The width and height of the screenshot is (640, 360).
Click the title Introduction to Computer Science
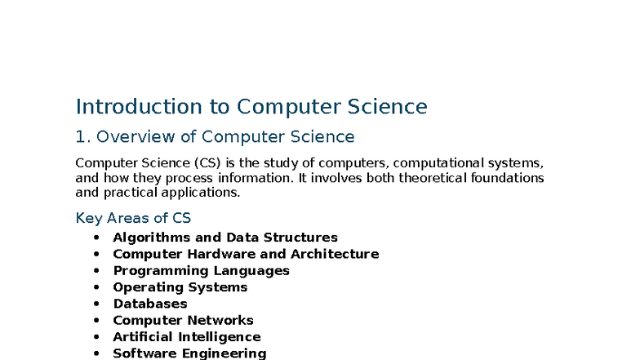251,107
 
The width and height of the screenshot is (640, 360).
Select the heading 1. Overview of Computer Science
215,136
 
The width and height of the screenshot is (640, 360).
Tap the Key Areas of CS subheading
133,218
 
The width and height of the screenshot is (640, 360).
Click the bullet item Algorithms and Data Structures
224,238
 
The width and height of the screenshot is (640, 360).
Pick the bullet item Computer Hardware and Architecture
246,254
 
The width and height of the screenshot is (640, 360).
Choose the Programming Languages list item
201,270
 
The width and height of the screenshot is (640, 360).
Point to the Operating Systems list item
180,287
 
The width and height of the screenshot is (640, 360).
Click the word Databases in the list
149,304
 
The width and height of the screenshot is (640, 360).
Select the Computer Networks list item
183,320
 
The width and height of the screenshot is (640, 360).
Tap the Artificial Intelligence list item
186,336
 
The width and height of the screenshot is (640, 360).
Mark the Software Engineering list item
189,353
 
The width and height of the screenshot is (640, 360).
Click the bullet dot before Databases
96,304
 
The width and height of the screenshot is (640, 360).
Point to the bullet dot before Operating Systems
96,287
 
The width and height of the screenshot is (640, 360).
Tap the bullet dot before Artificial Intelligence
96,336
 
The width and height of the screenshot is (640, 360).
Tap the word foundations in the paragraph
506,178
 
